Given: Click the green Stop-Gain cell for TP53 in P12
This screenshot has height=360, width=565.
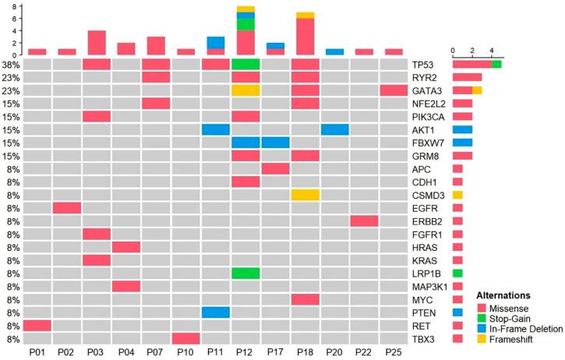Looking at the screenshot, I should pyautogui.click(x=245, y=64).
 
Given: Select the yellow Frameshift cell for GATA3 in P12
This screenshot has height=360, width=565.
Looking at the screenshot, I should pyautogui.click(x=245, y=90).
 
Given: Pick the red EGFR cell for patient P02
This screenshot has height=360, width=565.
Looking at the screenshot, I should pyautogui.click(x=67, y=208).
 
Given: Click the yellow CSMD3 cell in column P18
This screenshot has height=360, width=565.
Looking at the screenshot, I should pyautogui.click(x=305, y=195).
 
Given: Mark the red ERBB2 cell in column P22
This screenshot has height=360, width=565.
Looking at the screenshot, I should pyautogui.click(x=365, y=221).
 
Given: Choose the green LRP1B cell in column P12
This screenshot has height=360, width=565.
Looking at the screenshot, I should pyautogui.click(x=245, y=274).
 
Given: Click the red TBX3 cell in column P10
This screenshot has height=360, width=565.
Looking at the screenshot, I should pyautogui.click(x=185, y=338).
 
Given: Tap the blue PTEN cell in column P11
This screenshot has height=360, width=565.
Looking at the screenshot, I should pyautogui.click(x=215, y=312).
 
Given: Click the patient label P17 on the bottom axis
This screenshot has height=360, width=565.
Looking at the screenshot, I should pyautogui.click(x=274, y=352).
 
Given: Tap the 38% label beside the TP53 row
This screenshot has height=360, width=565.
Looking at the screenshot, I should pyautogui.click(x=12, y=64).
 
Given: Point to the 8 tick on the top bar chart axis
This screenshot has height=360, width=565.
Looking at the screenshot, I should pyautogui.click(x=14, y=7).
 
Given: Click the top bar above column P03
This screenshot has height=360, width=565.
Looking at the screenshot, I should pyautogui.click(x=97, y=43).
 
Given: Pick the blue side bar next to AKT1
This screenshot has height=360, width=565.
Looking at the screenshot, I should pyautogui.click(x=462, y=129).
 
